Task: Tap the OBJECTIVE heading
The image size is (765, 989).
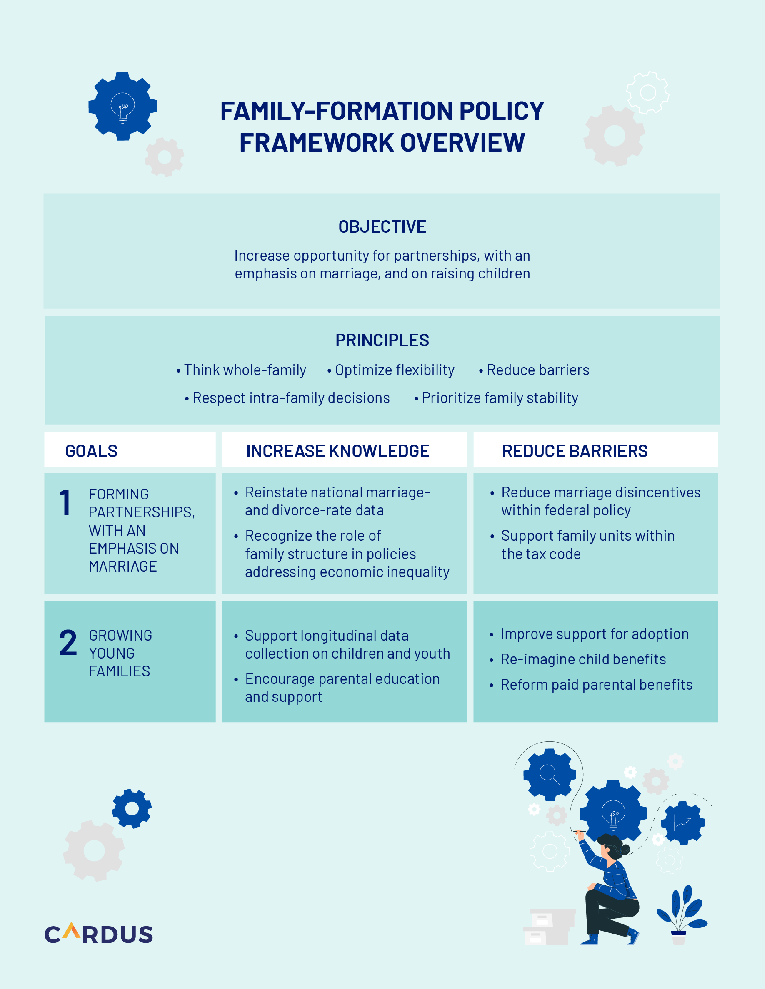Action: pyautogui.click(x=382, y=226)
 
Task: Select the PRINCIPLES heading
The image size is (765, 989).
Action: pyautogui.click(x=382, y=340)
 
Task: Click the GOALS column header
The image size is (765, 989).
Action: pyautogui.click(x=92, y=451)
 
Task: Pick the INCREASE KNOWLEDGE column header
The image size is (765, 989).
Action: pyautogui.click(x=337, y=451)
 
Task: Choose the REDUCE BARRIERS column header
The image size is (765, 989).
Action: pyautogui.click(x=575, y=451)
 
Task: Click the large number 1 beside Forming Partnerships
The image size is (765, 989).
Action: pyautogui.click(x=65, y=503)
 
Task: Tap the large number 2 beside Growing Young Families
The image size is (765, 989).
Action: pyautogui.click(x=68, y=643)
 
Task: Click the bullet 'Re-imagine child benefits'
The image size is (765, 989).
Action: pyautogui.click(x=583, y=659)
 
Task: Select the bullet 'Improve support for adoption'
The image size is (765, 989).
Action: pyautogui.click(x=594, y=634)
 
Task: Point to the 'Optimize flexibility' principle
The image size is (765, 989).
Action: pyautogui.click(x=394, y=370)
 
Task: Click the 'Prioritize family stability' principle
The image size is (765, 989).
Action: pyautogui.click(x=500, y=398)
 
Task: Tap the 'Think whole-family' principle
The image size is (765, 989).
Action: pyautogui.click(x=245, y=370)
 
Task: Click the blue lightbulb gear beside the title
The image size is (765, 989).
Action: pyautogui.click(x=122, y=107)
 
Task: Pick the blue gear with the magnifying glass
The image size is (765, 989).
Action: pyautogui.click(x=549, y=774)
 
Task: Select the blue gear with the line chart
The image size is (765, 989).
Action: pyautogui.click(x=683, y=823)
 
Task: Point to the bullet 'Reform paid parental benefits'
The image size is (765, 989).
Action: pyautogui.click(x=596, y=685)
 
